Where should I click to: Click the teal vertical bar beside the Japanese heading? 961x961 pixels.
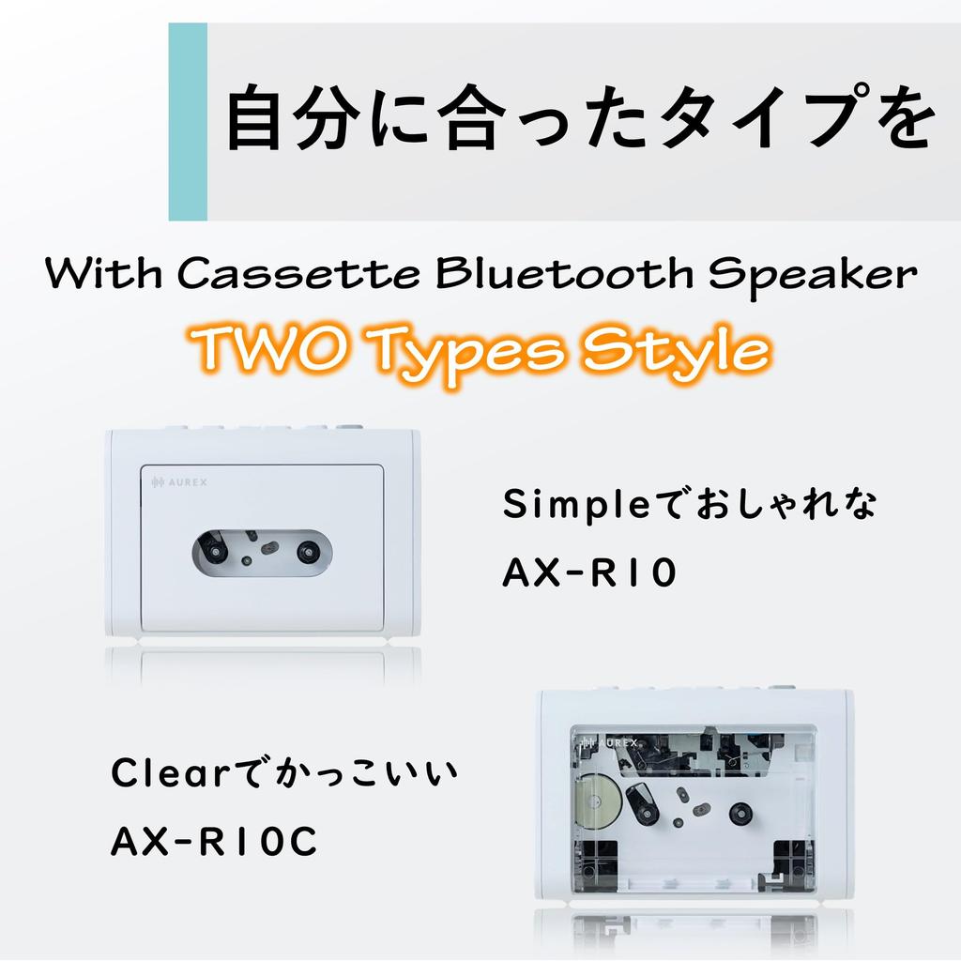click(x=188, y=122)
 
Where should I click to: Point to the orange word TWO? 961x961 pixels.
click(x=247, y=350)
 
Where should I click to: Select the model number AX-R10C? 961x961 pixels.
click(x=215, y=841)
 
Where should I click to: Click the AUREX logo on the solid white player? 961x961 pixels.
click(x=179, y=482)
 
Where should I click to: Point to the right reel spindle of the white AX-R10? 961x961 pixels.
click(x=308, y=551)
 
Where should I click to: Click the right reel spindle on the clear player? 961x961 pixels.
click(x=741, y=813)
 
